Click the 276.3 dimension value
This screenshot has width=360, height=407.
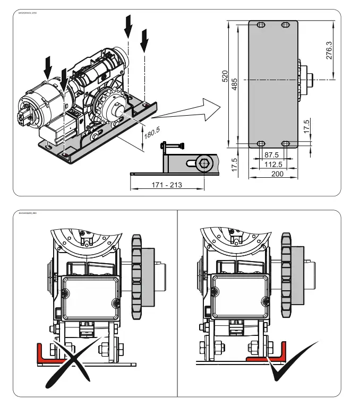coord(329,50)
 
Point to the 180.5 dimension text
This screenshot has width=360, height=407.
coord(151,130)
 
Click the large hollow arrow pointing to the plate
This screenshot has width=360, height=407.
coord(188,112)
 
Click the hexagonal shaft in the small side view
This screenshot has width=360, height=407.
coord(203,163)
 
